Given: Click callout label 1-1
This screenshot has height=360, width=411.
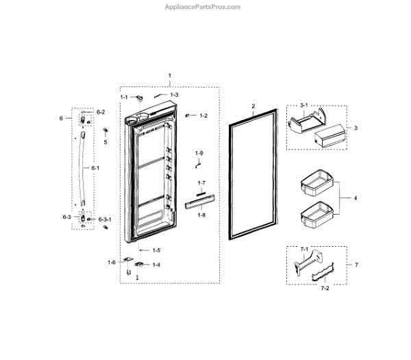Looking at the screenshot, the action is pos(124,98).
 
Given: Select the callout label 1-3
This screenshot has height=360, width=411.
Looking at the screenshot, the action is pos(174,95).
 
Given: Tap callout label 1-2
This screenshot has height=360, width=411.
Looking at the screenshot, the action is pos(203,116).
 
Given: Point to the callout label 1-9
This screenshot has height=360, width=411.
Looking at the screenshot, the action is pos(199,152).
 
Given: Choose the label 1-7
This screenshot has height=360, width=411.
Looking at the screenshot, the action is pos(201,183).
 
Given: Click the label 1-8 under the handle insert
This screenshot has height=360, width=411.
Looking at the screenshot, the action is pos(201,215).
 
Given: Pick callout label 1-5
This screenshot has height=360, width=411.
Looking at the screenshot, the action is pos(156,250).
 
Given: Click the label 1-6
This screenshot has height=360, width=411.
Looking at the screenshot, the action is pos(112,262).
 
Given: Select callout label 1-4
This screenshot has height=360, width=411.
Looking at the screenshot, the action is pos(156,265).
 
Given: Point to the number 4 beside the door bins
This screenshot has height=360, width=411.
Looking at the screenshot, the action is pos(355,198).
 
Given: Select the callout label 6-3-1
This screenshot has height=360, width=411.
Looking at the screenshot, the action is pos(105,219).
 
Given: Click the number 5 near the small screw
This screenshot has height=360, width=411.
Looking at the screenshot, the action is pos(105,143).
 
